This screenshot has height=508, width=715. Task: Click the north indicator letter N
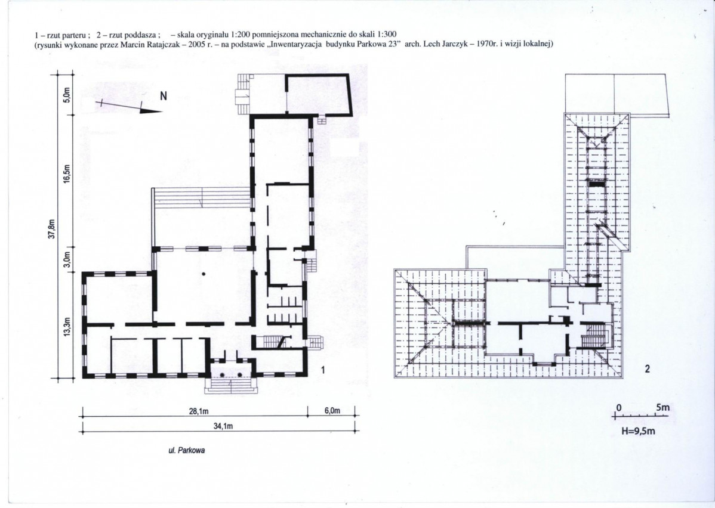[164, 96]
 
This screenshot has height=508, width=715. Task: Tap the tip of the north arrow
[162, 111]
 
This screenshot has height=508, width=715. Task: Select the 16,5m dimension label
[67, 174]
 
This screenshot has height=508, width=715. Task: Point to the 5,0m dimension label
[67, 95]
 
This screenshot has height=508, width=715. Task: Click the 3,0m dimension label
[67, 259]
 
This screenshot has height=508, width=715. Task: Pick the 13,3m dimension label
[67, 327]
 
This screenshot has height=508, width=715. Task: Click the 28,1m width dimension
[199, 411]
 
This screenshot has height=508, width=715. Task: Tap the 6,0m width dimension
[332, 410]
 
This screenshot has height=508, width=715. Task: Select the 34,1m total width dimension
[223, 426]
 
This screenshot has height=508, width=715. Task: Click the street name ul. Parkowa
[187, 451]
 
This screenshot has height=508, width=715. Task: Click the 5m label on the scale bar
[662, 407]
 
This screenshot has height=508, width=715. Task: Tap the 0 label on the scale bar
[619, 407]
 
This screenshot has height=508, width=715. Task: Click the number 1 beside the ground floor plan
[323, 370]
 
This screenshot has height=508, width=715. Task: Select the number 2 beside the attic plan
[647, 369]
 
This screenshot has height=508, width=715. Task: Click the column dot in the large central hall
[204, 274]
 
